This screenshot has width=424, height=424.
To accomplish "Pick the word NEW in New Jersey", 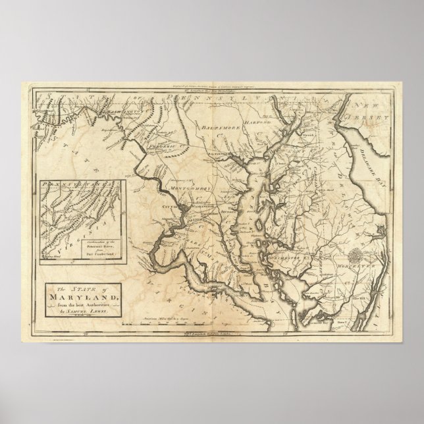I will tap(363, 105).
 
